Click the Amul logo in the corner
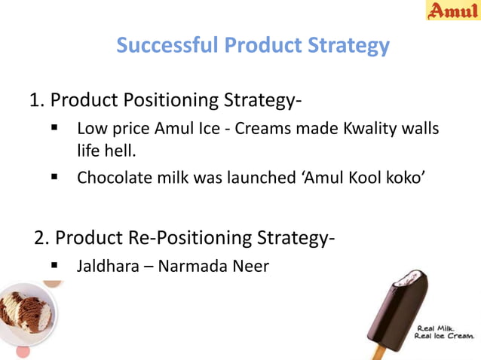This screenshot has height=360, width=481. click(453, 11)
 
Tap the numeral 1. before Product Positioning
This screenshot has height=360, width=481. click(37, 100)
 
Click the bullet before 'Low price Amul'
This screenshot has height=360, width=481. click(55, 129)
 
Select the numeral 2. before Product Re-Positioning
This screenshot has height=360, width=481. click(43, 238)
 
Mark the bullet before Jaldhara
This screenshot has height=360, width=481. click(55, 266)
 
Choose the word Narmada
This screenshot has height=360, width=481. click(192, 266)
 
